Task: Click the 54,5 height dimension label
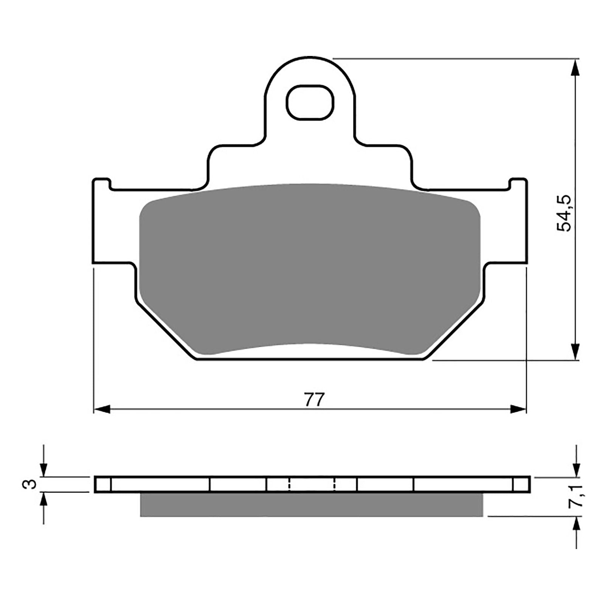[565, 214]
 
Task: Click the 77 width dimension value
[315, 400]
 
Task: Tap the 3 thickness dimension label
[31, 484]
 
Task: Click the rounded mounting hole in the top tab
[310, 102]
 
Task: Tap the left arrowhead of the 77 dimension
[101, 409]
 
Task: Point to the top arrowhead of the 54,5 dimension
[575, 68]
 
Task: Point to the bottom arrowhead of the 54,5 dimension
[575, 351]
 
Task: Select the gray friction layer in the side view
[311, 504]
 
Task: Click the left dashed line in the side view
[289, 484]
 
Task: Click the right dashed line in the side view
[335, 484]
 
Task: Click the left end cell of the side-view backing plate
[103, 484]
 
